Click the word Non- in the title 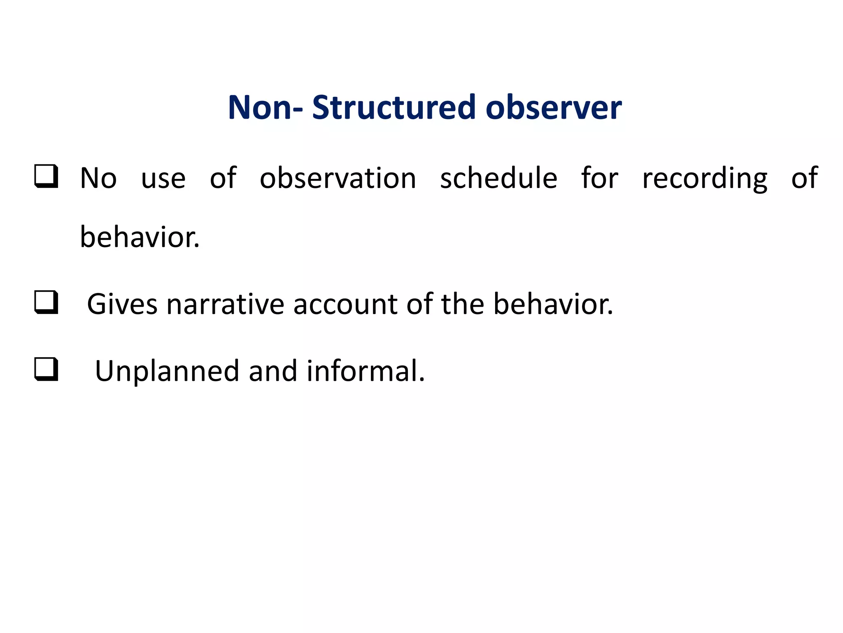pos(265,108)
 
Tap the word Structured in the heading pos(394,108)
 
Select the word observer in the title pos(553,108)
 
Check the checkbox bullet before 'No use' pos(46,176)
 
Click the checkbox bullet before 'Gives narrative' pos(46,302)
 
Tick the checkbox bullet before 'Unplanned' pos(46,369)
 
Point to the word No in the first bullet pos(98,178)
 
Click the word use pos(163,179)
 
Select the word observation pos(338,178)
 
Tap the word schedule pos(498,178)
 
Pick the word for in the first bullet pos(599,178)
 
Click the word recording pos(705,179)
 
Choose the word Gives pos(122,304)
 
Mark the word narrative pos(225,304)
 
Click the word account pos(345,304)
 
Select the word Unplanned pos(167,371)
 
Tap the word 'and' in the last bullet pos(272,371)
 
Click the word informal pos(365,371)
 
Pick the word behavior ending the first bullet pos(139,238)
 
